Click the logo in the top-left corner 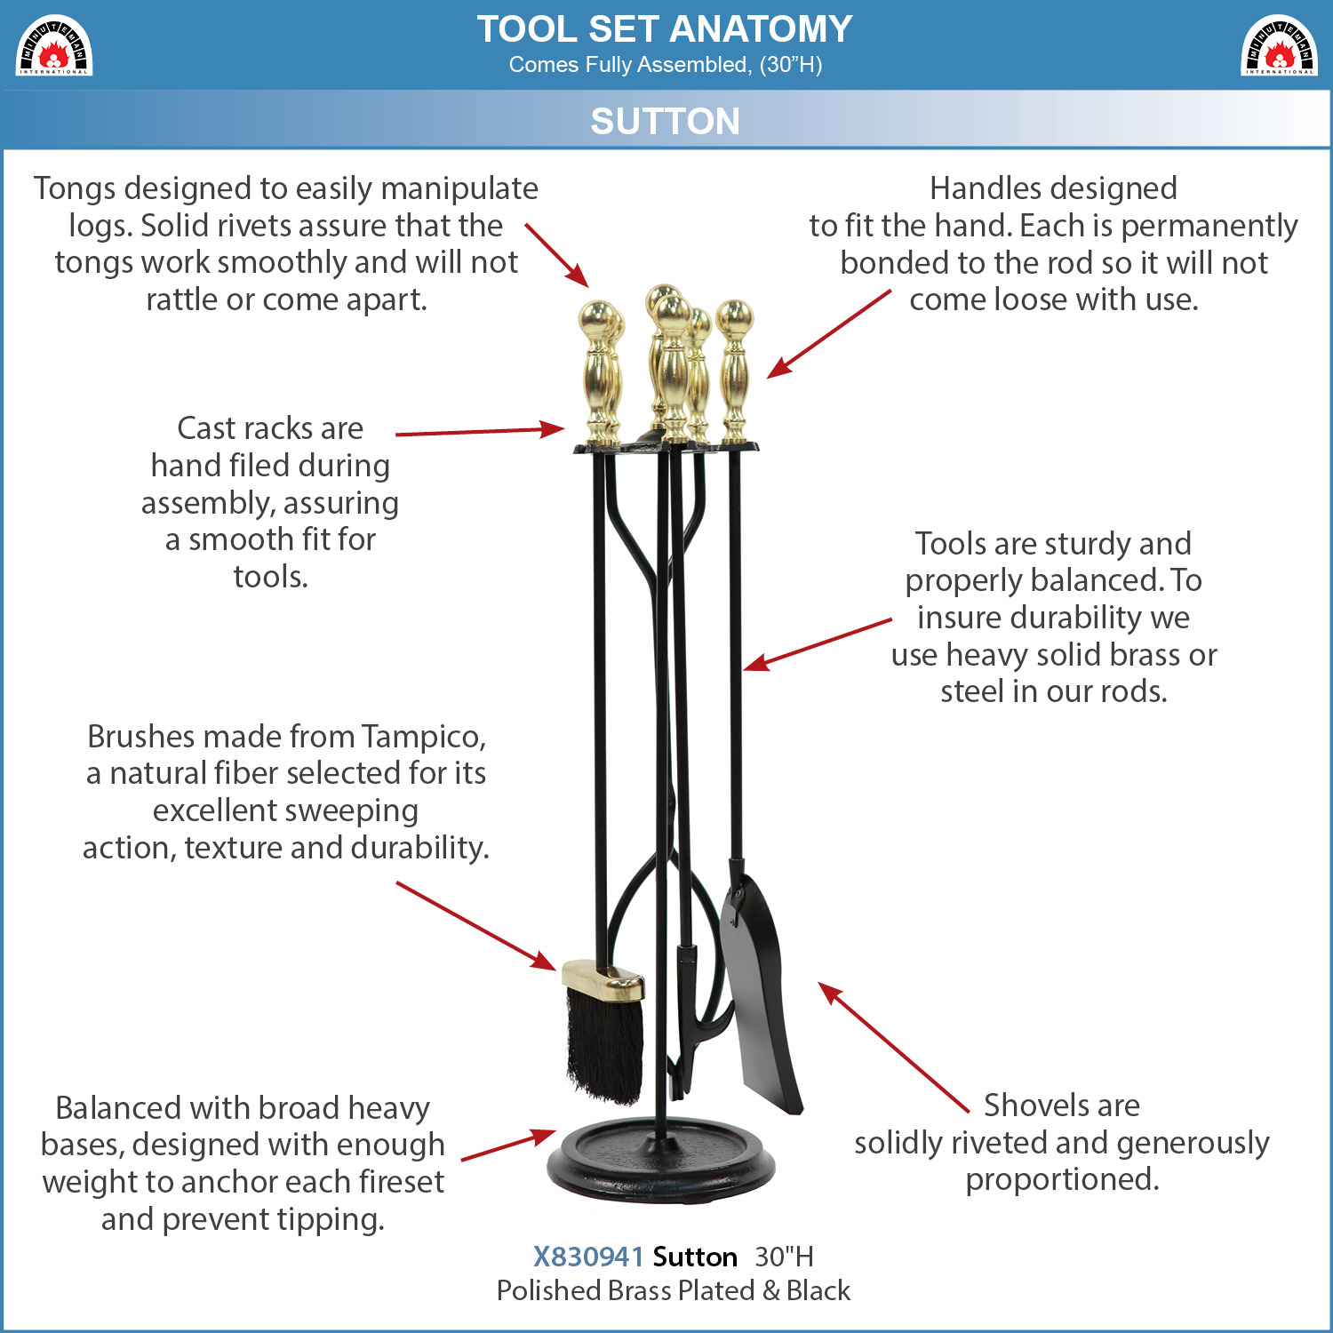click(54, 45)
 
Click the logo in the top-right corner click(1279, 45)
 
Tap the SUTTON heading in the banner click(666, 121)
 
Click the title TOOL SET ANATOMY click(665, 28)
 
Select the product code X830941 click(588, 1257)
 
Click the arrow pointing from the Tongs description click(557, 256)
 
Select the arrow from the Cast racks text click(480, 432)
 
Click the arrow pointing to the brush click(476, 927)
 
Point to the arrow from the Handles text click(829, 334)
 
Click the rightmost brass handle click(735, 371)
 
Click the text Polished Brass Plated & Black click(674, 1290)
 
